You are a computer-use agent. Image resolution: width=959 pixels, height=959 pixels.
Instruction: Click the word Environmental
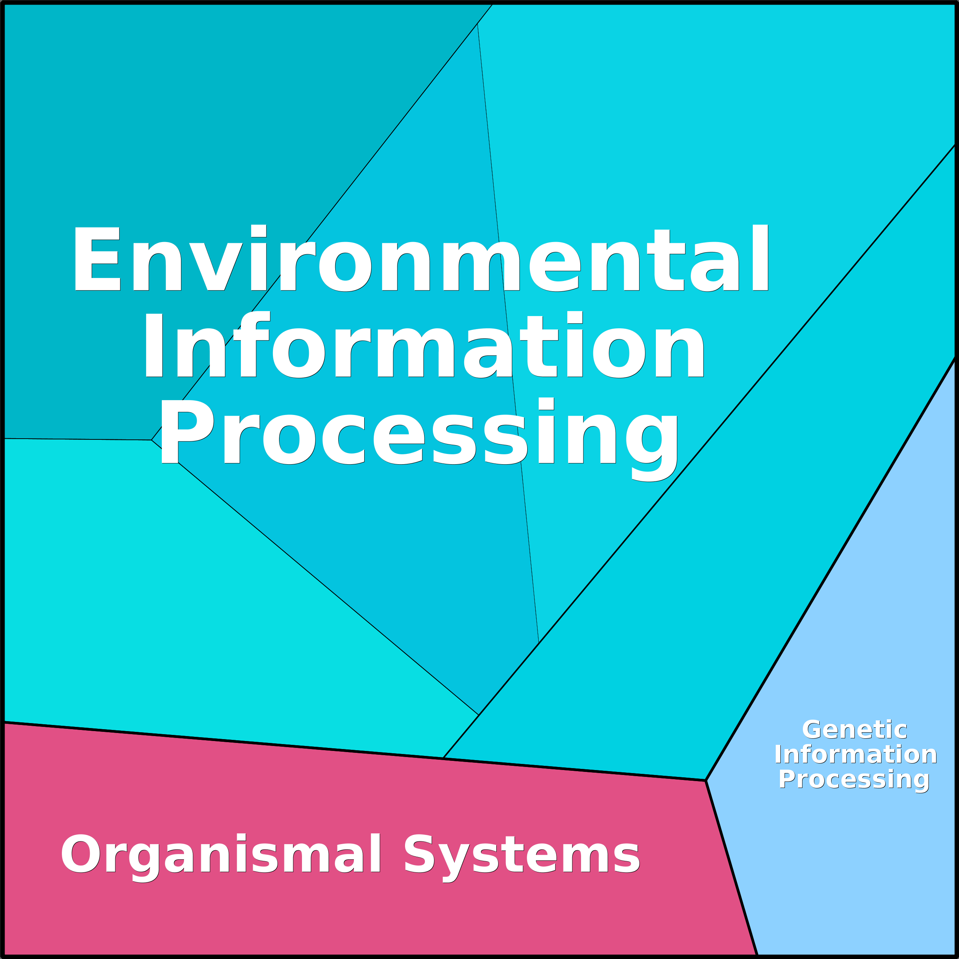point(421,259)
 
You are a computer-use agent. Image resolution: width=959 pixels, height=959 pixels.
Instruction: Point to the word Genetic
point(855,730)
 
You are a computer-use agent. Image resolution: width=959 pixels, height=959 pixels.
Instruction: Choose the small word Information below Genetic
point(855,755)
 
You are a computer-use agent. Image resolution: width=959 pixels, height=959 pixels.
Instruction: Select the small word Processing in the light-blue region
point(854,780)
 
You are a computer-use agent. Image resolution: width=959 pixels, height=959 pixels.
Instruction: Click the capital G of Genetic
point(812,730)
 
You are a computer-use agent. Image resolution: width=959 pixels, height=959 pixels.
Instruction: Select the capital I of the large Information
point(154,345)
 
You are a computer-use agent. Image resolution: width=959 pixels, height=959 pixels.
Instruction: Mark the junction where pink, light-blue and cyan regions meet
point(706,780)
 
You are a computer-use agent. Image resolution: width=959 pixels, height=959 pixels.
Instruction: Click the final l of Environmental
point(760,258)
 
